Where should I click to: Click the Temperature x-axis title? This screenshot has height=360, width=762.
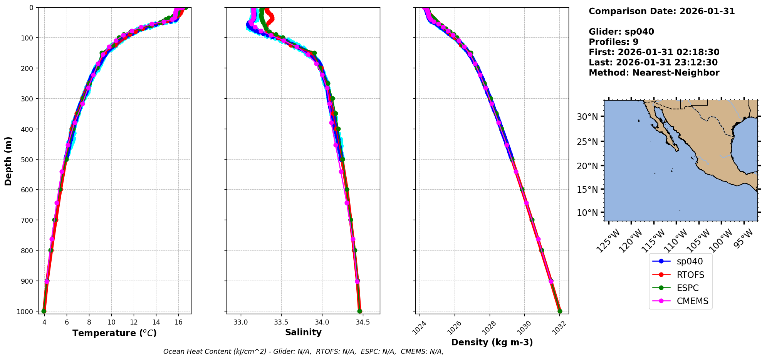pos(114,333)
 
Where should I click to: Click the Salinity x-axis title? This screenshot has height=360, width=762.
pos(303,332)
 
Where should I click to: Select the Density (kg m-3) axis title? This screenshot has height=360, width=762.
pos(492,342)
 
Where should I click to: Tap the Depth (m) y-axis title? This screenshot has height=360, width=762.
pos(8,161)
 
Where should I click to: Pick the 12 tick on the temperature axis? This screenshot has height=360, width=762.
pos(134,322)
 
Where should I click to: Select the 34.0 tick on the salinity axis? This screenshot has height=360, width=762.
pos(322,322)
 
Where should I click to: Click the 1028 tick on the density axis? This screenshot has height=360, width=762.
pos(489,328)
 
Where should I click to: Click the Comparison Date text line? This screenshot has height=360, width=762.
pos(661,11)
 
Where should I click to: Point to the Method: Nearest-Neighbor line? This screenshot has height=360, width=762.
pos(654,73)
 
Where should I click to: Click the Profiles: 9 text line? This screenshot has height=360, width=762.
pos(613,42)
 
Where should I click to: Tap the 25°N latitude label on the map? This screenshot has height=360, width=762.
pos(587,141)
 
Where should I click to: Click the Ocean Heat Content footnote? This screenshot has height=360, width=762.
pos(303,352)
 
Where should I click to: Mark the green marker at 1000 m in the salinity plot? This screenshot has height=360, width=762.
pos(359,311)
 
